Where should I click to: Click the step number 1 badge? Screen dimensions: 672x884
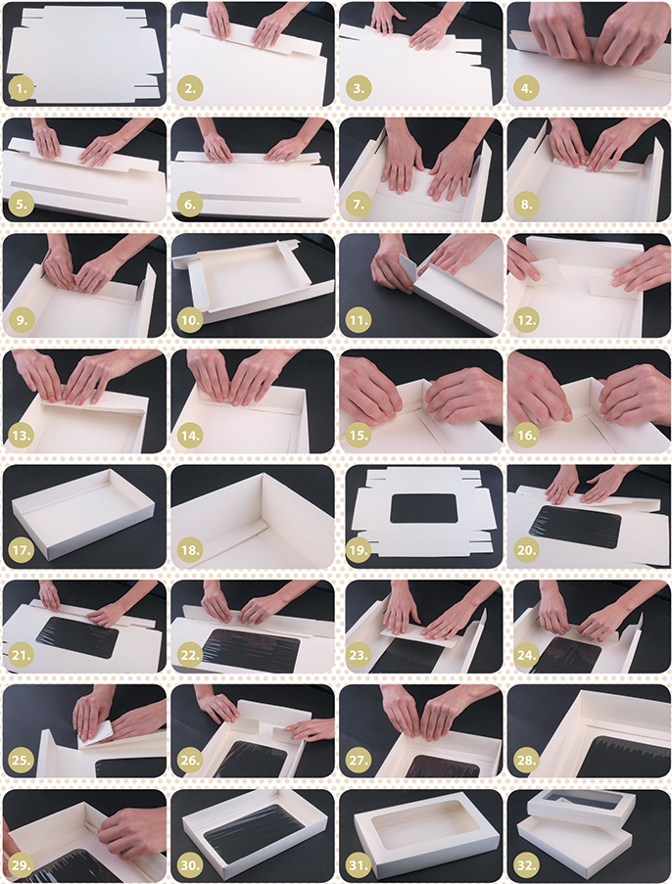tap(22, 88)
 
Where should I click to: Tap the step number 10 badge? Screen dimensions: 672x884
tap(190, 321)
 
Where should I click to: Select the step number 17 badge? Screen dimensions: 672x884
tap(22, 550)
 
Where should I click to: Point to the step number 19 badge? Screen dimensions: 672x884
tap(359, 550)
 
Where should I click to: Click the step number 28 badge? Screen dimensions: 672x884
tap(526, 761)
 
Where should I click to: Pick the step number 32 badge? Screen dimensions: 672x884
tap(526, 864)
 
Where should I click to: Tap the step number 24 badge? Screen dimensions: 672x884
tap(526, 656)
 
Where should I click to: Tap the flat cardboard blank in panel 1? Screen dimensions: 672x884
tap(84, 55)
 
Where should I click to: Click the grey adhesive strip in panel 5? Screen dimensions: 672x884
tap(69, 192)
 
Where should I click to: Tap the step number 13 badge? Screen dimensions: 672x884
tap(22, 436)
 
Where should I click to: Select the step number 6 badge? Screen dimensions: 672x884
tap(190, 204)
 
